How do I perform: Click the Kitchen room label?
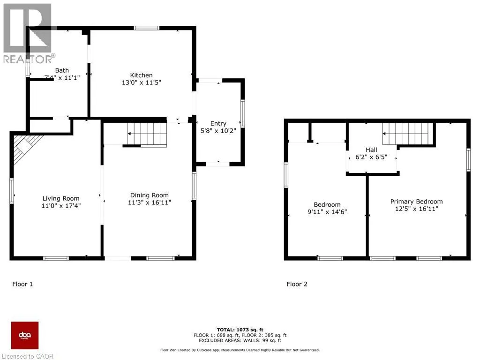[x=141, y=75]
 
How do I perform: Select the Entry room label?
[x=218, y=123]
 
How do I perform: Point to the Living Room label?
[x=61, y=198]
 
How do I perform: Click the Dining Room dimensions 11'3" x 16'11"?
[x=150, y=203]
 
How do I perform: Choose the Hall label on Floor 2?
[x=372, y=150]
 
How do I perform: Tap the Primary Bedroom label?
[x=416, y=202]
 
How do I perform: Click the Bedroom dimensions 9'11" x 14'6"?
[x=327, y=212]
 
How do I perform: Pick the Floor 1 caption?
[x=22, y=284]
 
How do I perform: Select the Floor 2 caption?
[x=297, y=284]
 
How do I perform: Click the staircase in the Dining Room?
[x=147, y=134]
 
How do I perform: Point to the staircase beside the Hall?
[x=406, y=134]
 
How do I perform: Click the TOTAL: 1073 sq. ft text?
[x=240, y=330]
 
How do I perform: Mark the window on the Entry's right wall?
[x=242, y=113]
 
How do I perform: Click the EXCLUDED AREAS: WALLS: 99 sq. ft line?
[x=240, y=341]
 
